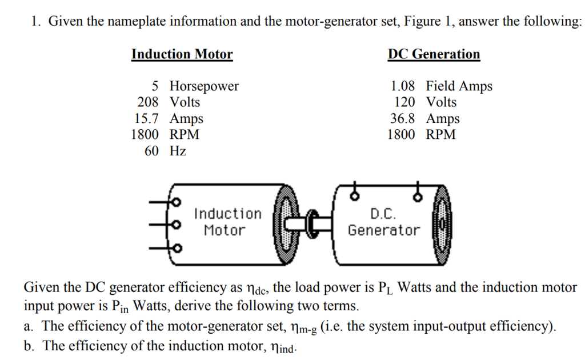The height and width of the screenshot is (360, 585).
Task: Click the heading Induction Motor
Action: [182, 54]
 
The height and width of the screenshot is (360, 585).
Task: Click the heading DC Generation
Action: [434, 54]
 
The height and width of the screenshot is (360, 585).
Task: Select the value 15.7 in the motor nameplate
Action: [145, 119]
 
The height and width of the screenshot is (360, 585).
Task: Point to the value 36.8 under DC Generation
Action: [402, 119]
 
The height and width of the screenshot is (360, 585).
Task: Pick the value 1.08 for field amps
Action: [402, 86]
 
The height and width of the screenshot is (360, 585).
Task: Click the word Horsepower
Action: [204, 86]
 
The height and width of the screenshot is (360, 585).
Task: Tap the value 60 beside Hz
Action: [153, 151]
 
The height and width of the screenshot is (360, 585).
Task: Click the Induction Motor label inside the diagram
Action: [227, 222]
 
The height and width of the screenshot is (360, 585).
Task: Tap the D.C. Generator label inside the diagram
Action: [383, 222]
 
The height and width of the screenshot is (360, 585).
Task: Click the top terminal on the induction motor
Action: [177, 202]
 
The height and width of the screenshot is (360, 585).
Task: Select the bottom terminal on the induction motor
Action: [177, 249]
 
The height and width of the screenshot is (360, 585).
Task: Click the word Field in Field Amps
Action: [440, 86]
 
